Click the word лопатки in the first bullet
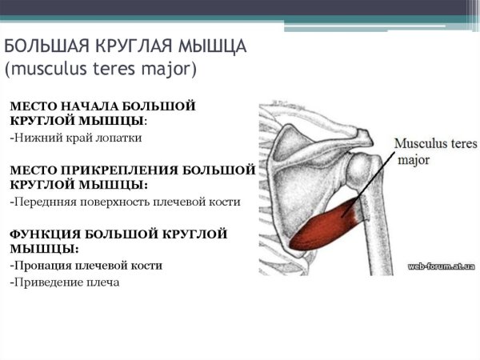pos(119,138)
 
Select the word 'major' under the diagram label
pos(414,160)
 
